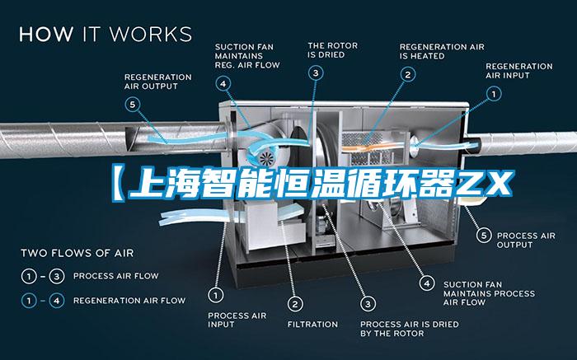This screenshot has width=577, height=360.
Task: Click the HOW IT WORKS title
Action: pos(106,35)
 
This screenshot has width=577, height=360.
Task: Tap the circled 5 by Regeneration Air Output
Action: pos(133,105)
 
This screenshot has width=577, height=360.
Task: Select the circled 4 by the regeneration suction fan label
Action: pos(223,84)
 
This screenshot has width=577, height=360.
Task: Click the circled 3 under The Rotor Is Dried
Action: pos(316,72)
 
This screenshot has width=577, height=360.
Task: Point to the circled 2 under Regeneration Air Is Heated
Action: pos(408,75)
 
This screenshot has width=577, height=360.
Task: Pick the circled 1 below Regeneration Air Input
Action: pos(494,94)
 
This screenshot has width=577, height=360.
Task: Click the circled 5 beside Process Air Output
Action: pos(484,236)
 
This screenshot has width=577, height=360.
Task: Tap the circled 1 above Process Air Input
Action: pos(216,295)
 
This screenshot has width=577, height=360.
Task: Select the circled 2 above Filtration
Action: pos(295,304)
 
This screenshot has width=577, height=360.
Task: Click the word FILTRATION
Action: pos(312,325)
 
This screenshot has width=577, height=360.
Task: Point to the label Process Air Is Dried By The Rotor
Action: pos(410,329)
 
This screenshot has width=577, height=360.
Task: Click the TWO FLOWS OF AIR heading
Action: pos(77,253)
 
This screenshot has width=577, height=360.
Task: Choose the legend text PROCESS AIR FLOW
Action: pos(116,276)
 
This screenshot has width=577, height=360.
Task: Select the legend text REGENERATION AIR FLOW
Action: pos(129,301)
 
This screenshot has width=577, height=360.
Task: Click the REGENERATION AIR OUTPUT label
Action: pos(158,82)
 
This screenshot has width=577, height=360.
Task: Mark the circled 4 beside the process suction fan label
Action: pos(427,283)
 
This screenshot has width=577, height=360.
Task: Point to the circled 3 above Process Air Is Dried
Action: pos(368,304)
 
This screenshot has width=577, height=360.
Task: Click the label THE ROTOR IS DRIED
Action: pos(333,50)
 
